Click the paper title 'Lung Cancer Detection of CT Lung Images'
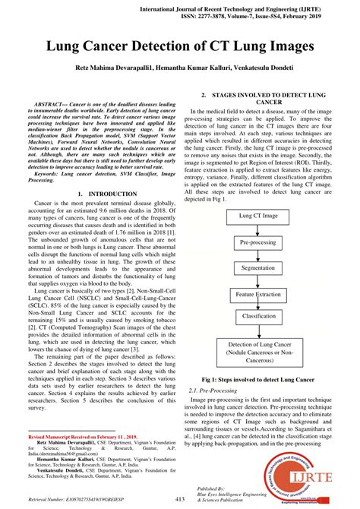point(180,47)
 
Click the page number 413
point(180,498)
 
